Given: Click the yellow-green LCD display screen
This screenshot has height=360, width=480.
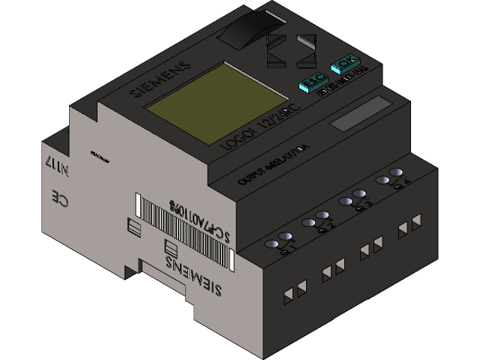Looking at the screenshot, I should [x=190, y=101].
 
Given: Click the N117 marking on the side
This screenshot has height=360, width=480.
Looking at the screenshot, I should [x=56, y=166].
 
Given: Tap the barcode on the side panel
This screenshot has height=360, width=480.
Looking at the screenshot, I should [x=182, y=231].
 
